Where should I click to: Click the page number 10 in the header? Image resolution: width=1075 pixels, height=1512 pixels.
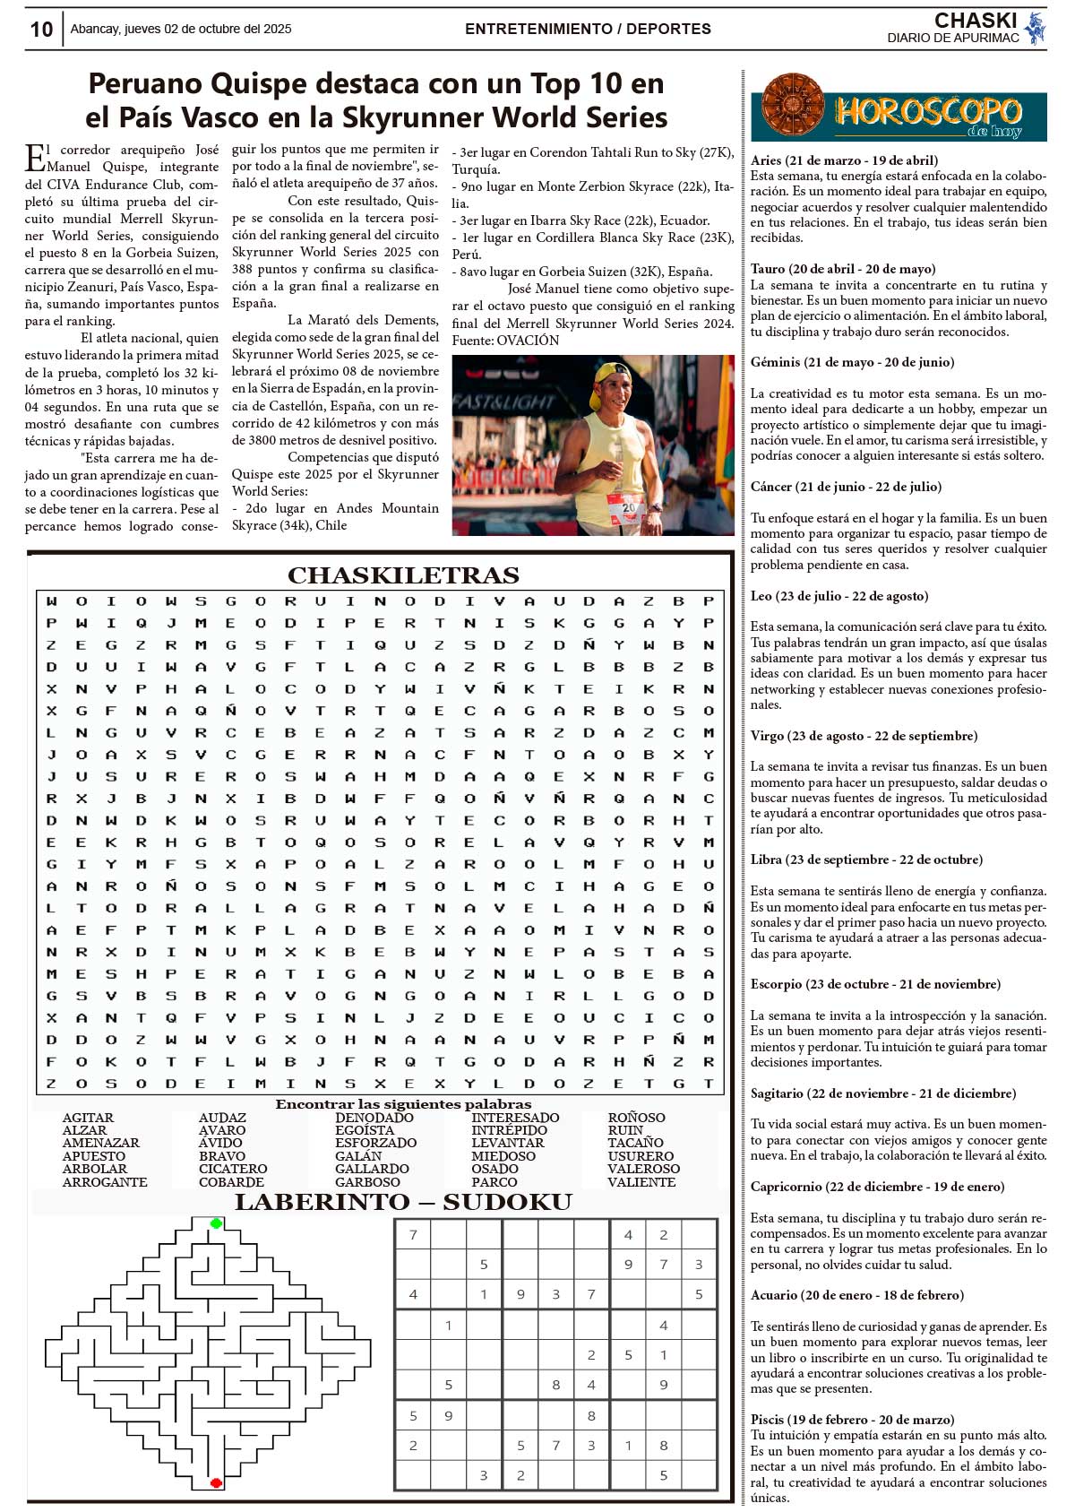pos(41,30)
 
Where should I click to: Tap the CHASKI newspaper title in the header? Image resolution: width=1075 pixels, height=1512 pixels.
pos(975,21)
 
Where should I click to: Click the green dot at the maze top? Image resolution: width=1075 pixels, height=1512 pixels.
pos(216,1223)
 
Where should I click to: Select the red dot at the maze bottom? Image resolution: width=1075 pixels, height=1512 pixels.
pos(216,1482)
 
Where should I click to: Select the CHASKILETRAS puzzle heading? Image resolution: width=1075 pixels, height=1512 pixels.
pos(403,575)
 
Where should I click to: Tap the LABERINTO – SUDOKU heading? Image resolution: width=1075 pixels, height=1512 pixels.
pos(403,1202)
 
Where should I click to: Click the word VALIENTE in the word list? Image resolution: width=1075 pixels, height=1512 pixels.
pos(641,1182)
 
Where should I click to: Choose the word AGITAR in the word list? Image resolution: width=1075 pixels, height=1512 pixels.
pos(88,1118)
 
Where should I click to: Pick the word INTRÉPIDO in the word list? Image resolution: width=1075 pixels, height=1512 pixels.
pos(509,1130)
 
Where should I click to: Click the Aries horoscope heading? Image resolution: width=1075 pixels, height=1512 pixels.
pos(844,160)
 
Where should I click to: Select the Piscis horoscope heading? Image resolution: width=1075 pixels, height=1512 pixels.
pos(852,1420)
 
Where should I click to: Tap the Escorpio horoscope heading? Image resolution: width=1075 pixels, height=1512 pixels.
pos(874,984)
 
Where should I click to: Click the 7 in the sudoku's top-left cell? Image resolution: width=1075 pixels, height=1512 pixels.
pos(413,1235)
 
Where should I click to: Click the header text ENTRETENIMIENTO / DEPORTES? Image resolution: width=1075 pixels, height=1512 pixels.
pos(588,29)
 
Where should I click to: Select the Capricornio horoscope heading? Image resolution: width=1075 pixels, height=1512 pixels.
pos(877,1187)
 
